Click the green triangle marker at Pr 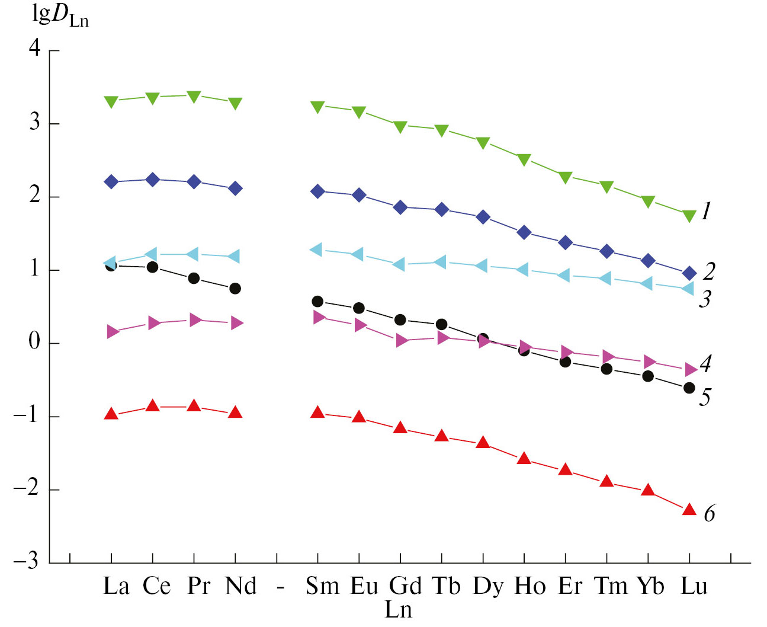pos(194,96)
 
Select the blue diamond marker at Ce pos(153,180)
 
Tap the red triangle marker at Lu pos(689,509)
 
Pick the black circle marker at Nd pos(235,289)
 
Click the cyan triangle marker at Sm pos(316,249)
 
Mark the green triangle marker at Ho pos(524,159)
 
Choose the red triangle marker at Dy pos(483,442)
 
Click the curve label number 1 pos(705,211)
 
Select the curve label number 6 pos(709,513)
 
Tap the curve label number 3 pos(705,299)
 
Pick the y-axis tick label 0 pos(35,342)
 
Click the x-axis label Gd pos(405,586)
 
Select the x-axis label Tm pos(611,586)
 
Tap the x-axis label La pos(116,586)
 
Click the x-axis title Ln pos(398,609)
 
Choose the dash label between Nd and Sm pos(281,587)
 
